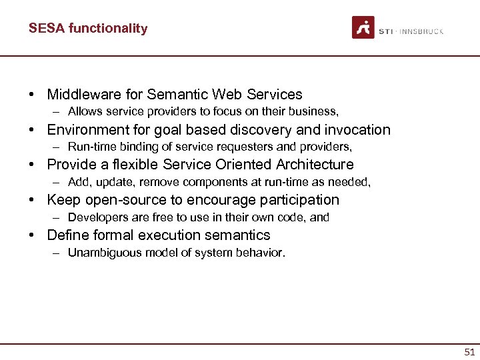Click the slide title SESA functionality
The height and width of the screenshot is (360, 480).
click(88, 28)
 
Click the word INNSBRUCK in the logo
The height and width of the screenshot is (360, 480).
click(423, 31)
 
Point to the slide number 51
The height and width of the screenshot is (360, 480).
click(470, 351)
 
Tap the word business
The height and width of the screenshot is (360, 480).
click(313, 111)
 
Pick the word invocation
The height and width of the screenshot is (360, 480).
click(358, 130)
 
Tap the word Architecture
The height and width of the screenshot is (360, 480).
click(312, 165)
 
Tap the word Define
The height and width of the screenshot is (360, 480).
click(67, 235)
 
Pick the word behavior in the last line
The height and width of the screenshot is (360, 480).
click(263, 253)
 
